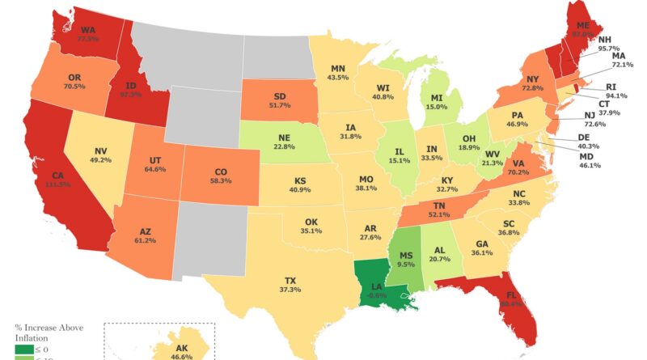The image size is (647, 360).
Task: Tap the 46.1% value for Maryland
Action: (588, 164)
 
